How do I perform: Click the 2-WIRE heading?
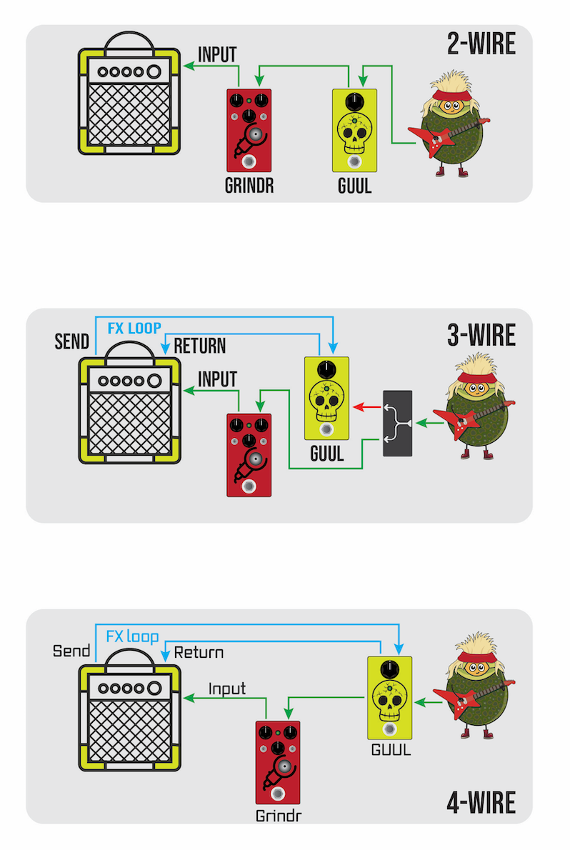(481, 45)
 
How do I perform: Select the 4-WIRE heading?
(481, 803)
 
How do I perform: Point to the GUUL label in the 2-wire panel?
(354, 187)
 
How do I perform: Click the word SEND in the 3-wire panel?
(72, 341)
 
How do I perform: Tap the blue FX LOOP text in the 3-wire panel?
(134, 329)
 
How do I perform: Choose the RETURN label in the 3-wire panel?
(200, 346)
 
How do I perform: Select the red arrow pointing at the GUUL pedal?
(367, 407)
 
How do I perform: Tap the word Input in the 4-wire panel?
(227, 689)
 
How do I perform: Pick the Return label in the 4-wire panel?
(199, 652)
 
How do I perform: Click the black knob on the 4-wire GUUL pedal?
(389, 670)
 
